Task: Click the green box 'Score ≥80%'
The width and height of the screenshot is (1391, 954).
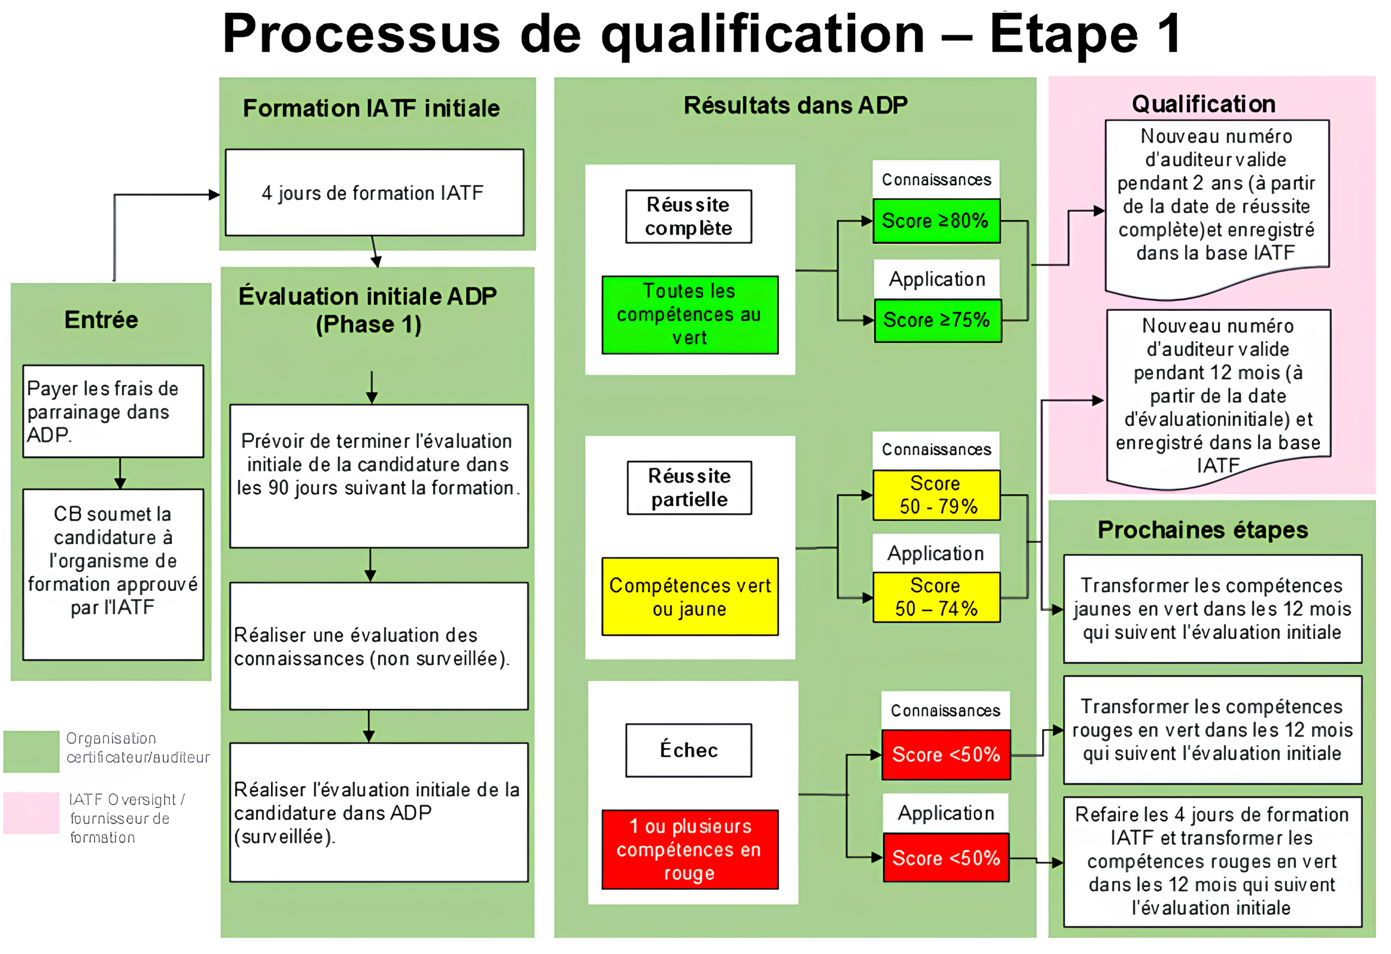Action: [x=936, y=221]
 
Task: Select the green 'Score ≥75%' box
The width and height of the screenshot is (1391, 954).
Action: [x=937, y=320]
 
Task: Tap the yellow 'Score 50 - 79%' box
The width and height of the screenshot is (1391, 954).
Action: [x=936, y=495]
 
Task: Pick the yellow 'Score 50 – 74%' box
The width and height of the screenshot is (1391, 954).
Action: [x=936, y=597]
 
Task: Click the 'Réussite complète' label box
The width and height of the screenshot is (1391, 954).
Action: [x=688, y=217]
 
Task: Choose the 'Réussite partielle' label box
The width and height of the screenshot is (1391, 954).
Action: [x=689, y=488]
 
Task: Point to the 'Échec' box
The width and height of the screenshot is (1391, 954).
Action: [x=688, y=750]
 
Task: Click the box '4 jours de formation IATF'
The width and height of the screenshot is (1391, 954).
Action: [x=374, y=193]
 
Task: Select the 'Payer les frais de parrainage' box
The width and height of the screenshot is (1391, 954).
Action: [x=113, y=411]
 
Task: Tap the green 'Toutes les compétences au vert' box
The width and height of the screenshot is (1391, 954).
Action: [x=690, y=315]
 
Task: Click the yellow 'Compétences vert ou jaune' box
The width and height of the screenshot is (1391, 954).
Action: [x=690, y=597]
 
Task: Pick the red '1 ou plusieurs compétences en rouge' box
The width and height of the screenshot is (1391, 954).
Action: [x=690, y=849]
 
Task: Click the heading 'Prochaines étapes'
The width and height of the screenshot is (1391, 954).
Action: [x=1202, y=530]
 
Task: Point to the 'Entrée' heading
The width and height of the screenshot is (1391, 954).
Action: [x=101, y=320]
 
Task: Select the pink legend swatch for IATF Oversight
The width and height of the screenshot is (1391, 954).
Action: [x=31, y=813]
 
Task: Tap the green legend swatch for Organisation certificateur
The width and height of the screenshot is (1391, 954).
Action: [x=31, y=751]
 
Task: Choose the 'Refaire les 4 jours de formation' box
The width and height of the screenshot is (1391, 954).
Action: [x=1212, y=861]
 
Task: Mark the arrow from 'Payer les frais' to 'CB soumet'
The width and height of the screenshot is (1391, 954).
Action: [x=120, y=473]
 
